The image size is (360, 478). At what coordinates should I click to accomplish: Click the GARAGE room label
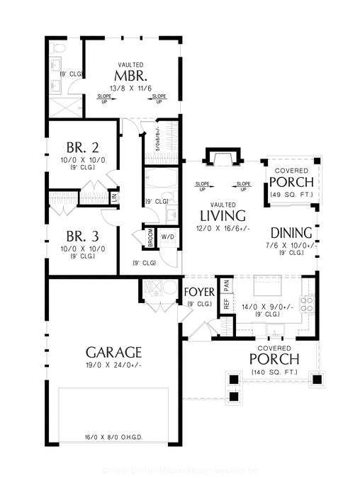click(114, 352)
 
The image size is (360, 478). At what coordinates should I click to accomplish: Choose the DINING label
click(292, 232)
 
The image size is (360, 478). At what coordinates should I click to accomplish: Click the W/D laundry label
click(169, 236)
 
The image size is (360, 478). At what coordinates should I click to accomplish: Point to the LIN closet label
click(113, 196)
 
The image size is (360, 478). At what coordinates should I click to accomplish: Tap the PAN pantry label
click(227, 285)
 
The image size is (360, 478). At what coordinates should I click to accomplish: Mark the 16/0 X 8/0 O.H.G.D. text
click(113, 438)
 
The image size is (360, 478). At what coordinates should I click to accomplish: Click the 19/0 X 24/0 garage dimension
click(114, 365)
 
